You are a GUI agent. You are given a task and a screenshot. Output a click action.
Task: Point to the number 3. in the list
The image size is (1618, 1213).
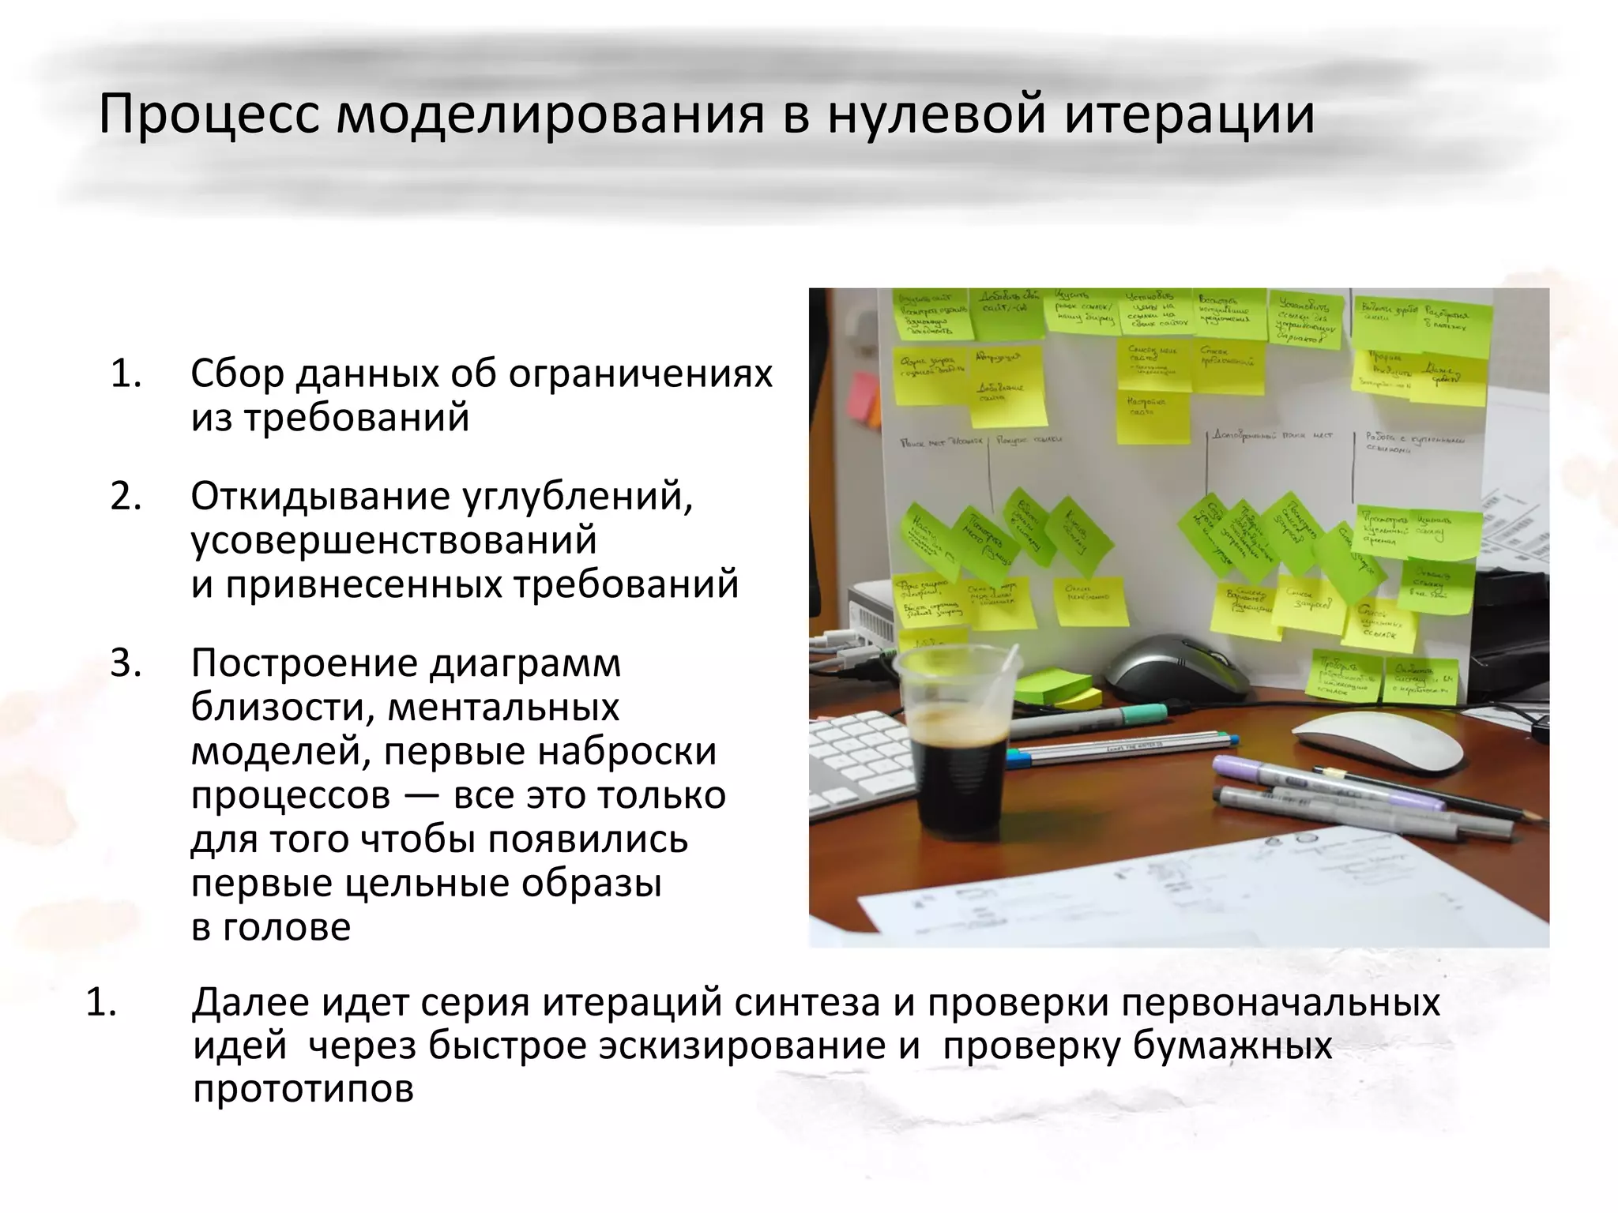(126, 664)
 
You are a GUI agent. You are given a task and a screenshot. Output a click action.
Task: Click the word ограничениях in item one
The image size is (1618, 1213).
(640, 374)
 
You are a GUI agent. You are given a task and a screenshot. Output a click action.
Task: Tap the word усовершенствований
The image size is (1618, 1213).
(393, 541)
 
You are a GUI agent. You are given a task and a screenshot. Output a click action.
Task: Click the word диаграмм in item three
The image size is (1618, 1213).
(525, 664)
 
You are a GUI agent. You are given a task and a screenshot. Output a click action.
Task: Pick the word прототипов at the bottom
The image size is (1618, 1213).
(303, 1091)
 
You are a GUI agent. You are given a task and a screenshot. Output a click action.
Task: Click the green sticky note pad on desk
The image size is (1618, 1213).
(1055, 686)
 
